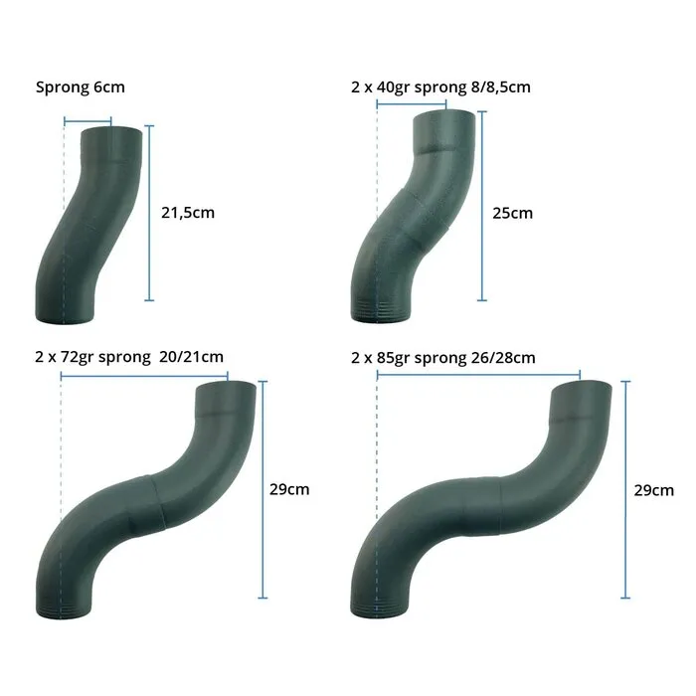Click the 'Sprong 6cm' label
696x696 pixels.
pos(80,87)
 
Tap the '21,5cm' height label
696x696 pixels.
pos(187,212)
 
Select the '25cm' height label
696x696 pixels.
pos(512,212)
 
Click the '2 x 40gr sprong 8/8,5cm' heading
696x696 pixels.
pos(440,87)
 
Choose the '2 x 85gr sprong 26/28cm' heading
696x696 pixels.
pos(443,357)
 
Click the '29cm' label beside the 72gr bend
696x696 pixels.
pos(289,489)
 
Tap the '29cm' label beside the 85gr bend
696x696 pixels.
pos(653,489)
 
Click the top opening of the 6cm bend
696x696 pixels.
pos(111,129)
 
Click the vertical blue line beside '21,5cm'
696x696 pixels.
pos(149,212)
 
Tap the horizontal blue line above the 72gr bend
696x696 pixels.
pos(144,375)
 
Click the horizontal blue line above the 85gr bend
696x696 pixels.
pos(478,375)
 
